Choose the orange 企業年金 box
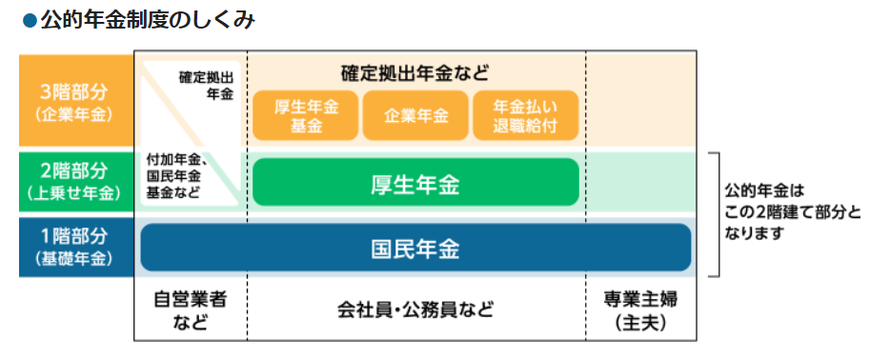[415, 115]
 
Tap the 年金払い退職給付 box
[526, 115]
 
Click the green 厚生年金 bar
[415, 183]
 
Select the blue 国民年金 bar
[415, 248]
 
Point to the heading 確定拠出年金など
[415, 73]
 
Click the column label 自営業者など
[190, 310]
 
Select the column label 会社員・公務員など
[415, 310]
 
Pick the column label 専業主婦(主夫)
[640, 310]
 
